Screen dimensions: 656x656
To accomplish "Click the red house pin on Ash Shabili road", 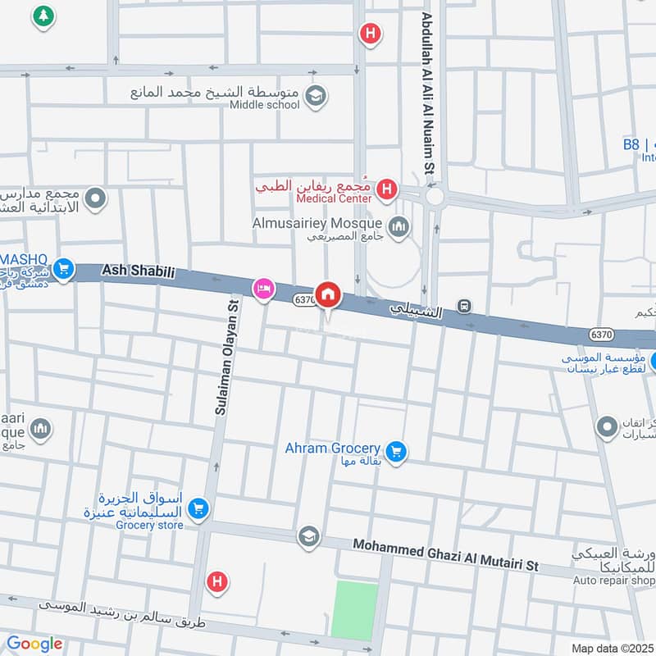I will click(x=328, y=293).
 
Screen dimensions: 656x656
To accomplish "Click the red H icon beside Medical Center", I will click(x=387, y=192).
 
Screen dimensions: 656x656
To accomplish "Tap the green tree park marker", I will click(x=42, y=15).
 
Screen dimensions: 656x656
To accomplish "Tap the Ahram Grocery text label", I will click(x=332, y=449).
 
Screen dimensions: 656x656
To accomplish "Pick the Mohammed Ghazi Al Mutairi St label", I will click(x=445, y=555).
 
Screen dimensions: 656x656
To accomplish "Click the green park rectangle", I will click(x=354, y=609).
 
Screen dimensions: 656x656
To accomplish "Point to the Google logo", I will click(x=34, y=644).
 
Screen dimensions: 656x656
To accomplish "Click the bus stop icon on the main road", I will click(x=465, y=307).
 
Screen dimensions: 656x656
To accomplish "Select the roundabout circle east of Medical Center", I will click(x=434, y=197).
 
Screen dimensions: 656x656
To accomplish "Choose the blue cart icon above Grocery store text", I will click(x=197, y=510).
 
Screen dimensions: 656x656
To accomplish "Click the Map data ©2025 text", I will click(x=611, y=649).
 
